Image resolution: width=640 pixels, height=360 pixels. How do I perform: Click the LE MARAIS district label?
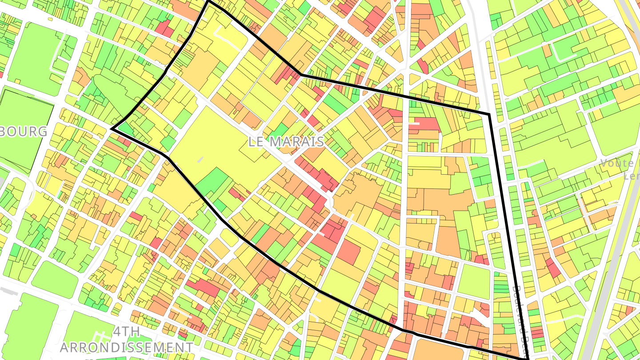286,142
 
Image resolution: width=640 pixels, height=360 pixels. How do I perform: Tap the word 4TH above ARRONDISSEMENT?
127,332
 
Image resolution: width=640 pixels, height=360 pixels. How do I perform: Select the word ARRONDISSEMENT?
127,347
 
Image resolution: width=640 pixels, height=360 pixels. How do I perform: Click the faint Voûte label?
620,163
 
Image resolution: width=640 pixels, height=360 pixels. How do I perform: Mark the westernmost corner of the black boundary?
111,129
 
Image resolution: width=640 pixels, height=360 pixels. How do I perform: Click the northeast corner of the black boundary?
489,115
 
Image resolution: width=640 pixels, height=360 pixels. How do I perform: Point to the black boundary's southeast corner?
527,358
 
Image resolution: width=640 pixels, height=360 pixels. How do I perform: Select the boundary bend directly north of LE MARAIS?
301,75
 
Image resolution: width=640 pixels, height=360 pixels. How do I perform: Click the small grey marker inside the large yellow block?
200,160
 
